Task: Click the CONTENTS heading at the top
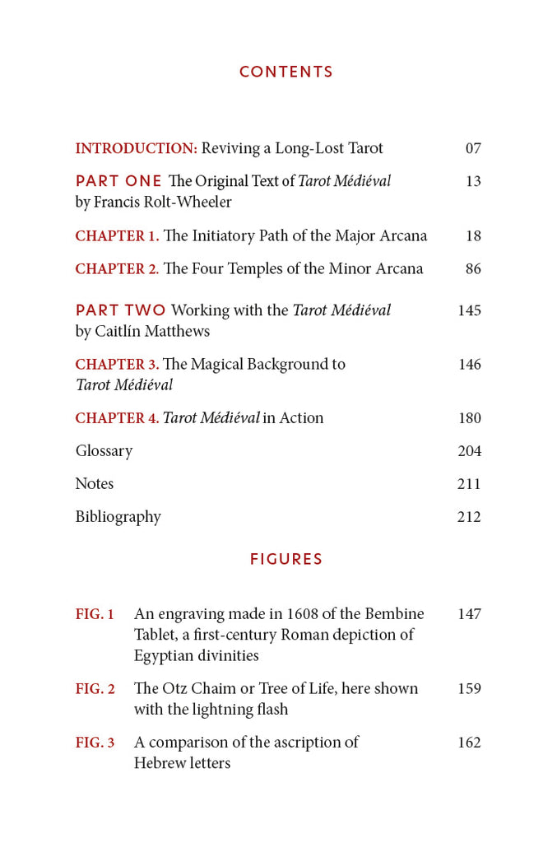coord(286,72)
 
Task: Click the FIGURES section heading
coord(286,560)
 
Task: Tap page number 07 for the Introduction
coord(473,149)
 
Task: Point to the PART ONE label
coord(118,181)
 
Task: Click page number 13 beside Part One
coord(473,181)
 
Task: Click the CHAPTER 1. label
coord(117,236)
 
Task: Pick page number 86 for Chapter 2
coord(473,269)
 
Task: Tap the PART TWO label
coord(120,310)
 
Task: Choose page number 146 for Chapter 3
coord(470,365)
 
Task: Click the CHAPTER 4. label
coord(117,418)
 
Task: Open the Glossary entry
coord(104,451)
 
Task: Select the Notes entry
coord(95,484)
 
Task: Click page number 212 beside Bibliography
coord(469,517)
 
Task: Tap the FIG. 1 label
coord(95,614)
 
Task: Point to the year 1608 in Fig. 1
coord(304,614)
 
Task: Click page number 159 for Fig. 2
coord(469,688)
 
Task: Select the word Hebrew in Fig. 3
coord(160,763)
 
